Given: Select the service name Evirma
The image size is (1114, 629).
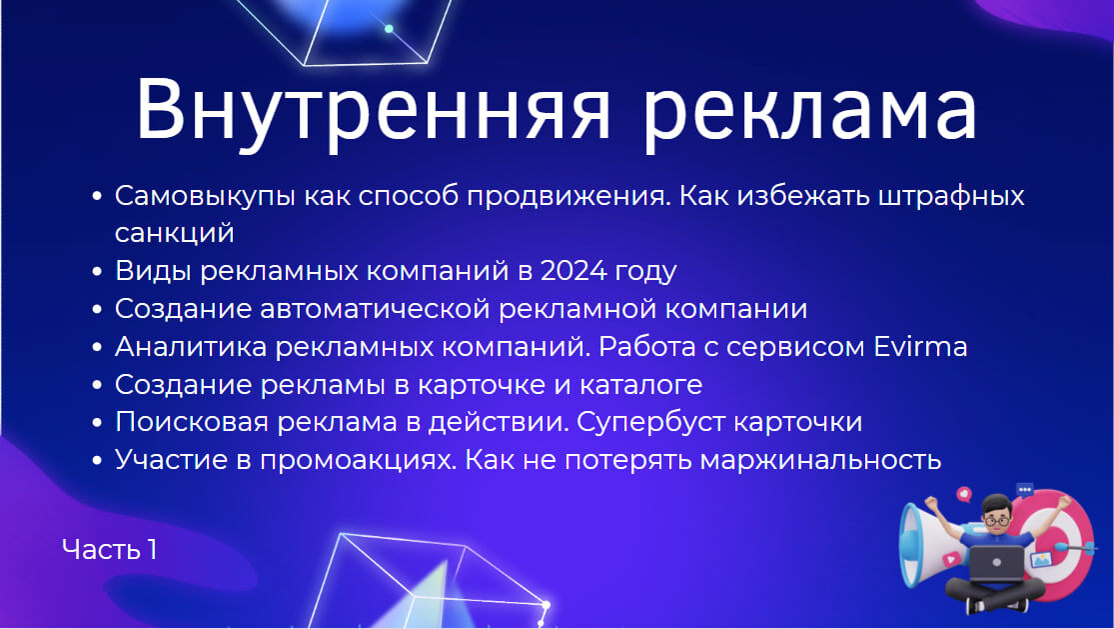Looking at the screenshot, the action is (920, 347).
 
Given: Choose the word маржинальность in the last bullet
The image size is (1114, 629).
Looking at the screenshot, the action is (820, 461).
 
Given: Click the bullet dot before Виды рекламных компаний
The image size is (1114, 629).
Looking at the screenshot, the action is (97, 272).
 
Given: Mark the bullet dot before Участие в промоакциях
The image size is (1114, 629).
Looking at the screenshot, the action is (97, 461).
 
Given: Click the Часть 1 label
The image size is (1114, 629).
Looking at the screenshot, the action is (110, 549).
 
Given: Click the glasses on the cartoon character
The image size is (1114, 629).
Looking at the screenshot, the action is (996, 522).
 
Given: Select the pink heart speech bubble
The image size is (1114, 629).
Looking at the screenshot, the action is (964, 494).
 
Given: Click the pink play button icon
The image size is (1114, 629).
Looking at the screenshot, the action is (951, 559).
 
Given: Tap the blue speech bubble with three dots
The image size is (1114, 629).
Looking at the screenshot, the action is (1024, 490).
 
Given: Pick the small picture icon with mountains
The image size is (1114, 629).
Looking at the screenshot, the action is (1041, 559).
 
